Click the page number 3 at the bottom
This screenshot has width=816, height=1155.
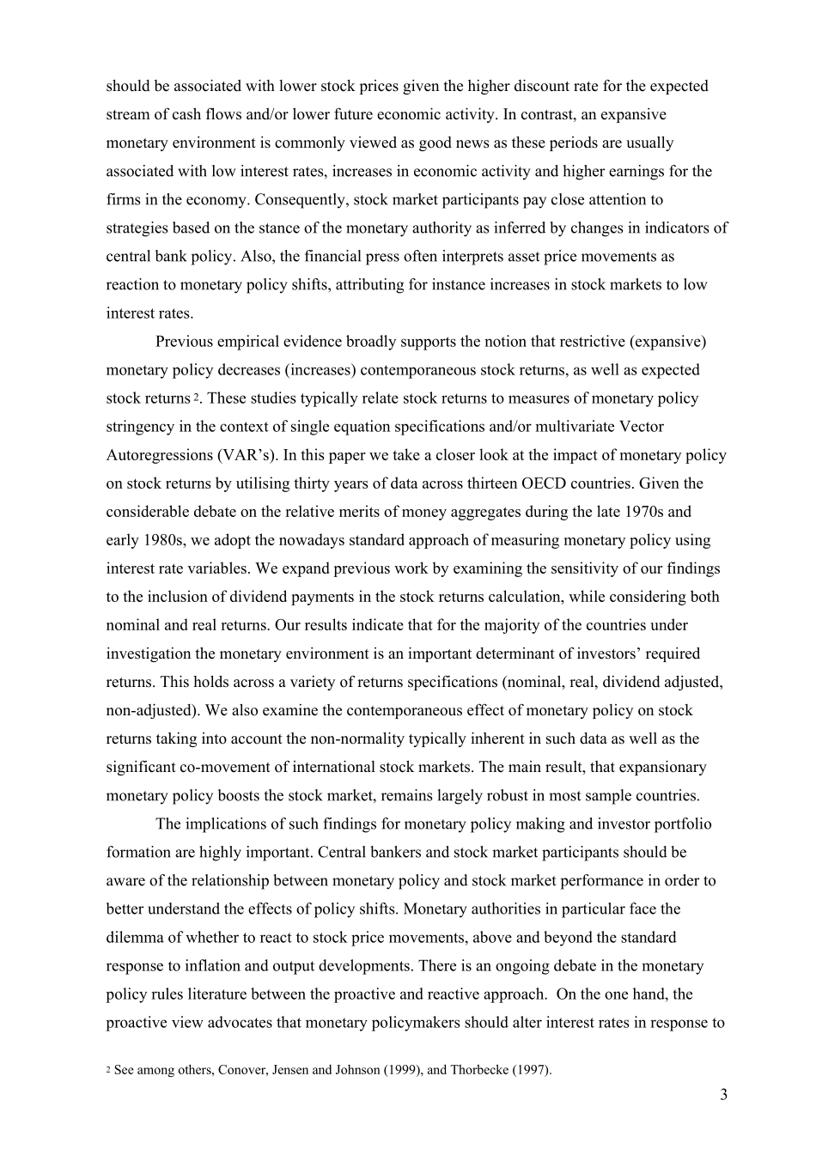coord(723,1094)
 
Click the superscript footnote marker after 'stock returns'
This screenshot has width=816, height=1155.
coord(196,398)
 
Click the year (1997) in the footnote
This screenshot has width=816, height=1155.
coord(531,1070)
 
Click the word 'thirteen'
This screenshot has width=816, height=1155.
coord(545,483)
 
